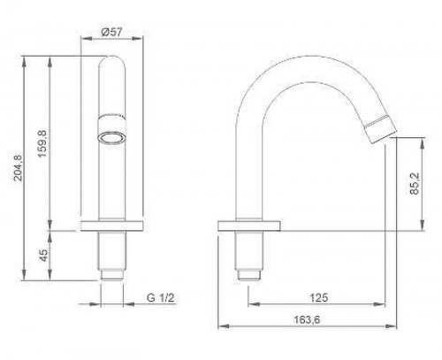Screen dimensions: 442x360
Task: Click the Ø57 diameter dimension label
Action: pyautogui.click(x=111, y=32)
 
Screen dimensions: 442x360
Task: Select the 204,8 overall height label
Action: pyautogui.click(x=18, y=167)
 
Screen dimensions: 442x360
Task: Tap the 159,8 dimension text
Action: pyautogui.click(x=43, y=143)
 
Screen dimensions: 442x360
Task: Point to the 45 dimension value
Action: pyautogui.click(x=43, y=256)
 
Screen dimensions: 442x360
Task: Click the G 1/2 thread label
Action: pyautogui.click(x=160, y=298)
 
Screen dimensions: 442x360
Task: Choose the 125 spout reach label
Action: pyautogui.click(x=318, y=298)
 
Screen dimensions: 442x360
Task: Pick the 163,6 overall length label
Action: pyautogui.click(x=307, y=319)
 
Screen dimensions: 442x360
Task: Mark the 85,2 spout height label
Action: pyautogui.click(x=415, y=183)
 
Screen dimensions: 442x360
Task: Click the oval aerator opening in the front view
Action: pyautogui.click(x=111, y=138)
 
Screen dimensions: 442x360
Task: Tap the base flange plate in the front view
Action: pyautogui.click(x=111, y=226)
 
